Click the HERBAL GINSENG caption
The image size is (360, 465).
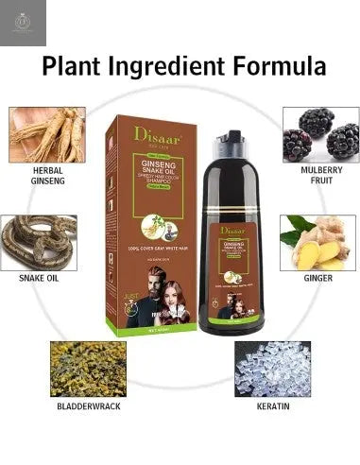click(x=46, y=177)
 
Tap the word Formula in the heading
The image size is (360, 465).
click(x=280, y=66)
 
